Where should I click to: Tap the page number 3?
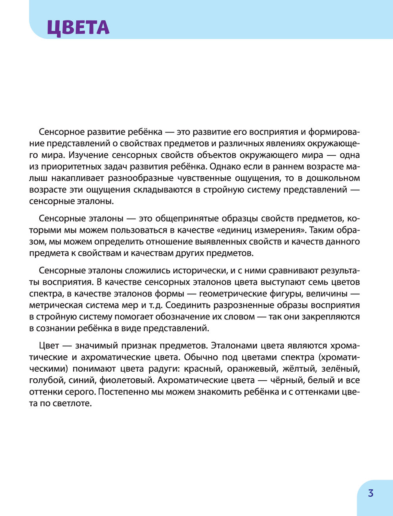(x=371, y=493)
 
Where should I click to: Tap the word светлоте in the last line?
(x=73, y=404)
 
